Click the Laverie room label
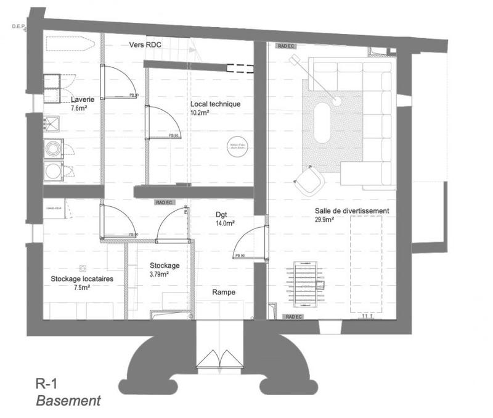(x=82, y=99)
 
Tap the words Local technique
(x=215, y=104)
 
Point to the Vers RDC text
(x=145, y=45)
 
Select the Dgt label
(x=221, y=215)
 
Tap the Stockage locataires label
(x=85, y=278)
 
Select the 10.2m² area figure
(x=200, y=114)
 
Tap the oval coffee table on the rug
(x=323, y=122)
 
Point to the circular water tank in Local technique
(x=238, y=146)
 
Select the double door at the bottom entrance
(x=220, y=359)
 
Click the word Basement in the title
(x=68, y=401)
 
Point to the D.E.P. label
(x=20, y=27)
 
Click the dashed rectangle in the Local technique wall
(x=240, y=68)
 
